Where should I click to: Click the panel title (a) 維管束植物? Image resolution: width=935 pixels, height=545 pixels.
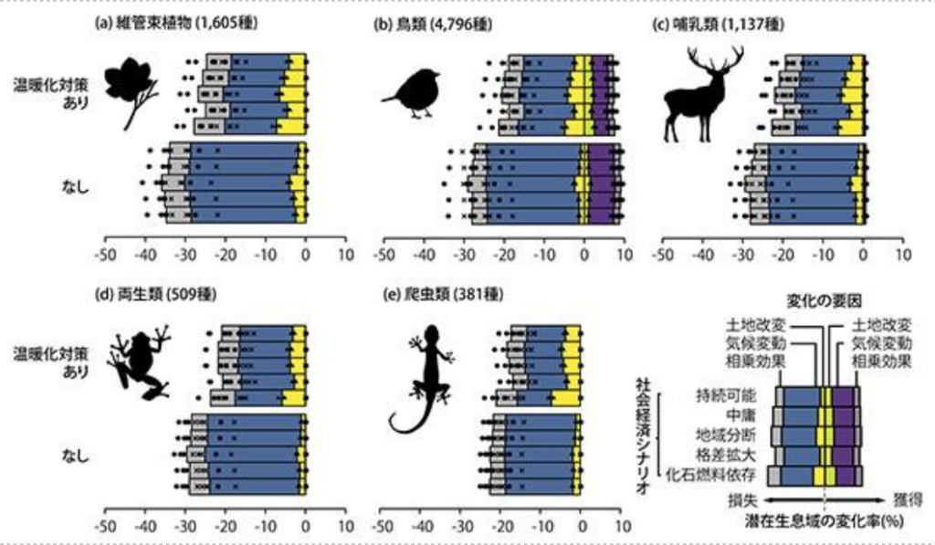coord(173,25)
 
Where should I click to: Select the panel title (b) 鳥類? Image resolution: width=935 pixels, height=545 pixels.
coord(433,25)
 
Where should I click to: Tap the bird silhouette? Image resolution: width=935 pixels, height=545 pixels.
coord(412,96)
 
